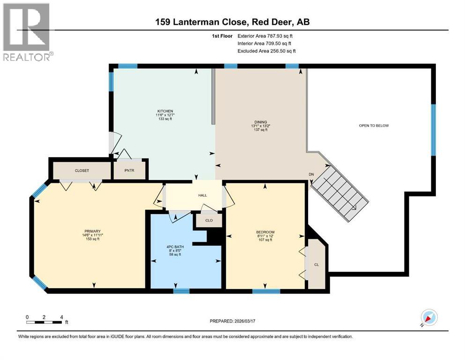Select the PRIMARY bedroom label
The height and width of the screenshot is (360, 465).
91,231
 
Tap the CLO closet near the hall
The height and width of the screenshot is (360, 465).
209,220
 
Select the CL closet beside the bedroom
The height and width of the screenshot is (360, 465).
316,265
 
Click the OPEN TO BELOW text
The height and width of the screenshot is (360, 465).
374,126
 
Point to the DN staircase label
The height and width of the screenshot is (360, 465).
311,174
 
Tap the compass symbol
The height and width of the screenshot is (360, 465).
429,318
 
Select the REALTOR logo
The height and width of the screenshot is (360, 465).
27,32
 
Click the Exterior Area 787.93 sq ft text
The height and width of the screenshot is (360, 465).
266,36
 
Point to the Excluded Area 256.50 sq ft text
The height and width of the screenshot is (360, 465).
266,51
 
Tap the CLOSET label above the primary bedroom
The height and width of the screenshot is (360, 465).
81,171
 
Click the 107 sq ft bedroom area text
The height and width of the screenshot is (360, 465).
265,240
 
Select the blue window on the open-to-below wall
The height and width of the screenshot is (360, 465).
433,130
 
